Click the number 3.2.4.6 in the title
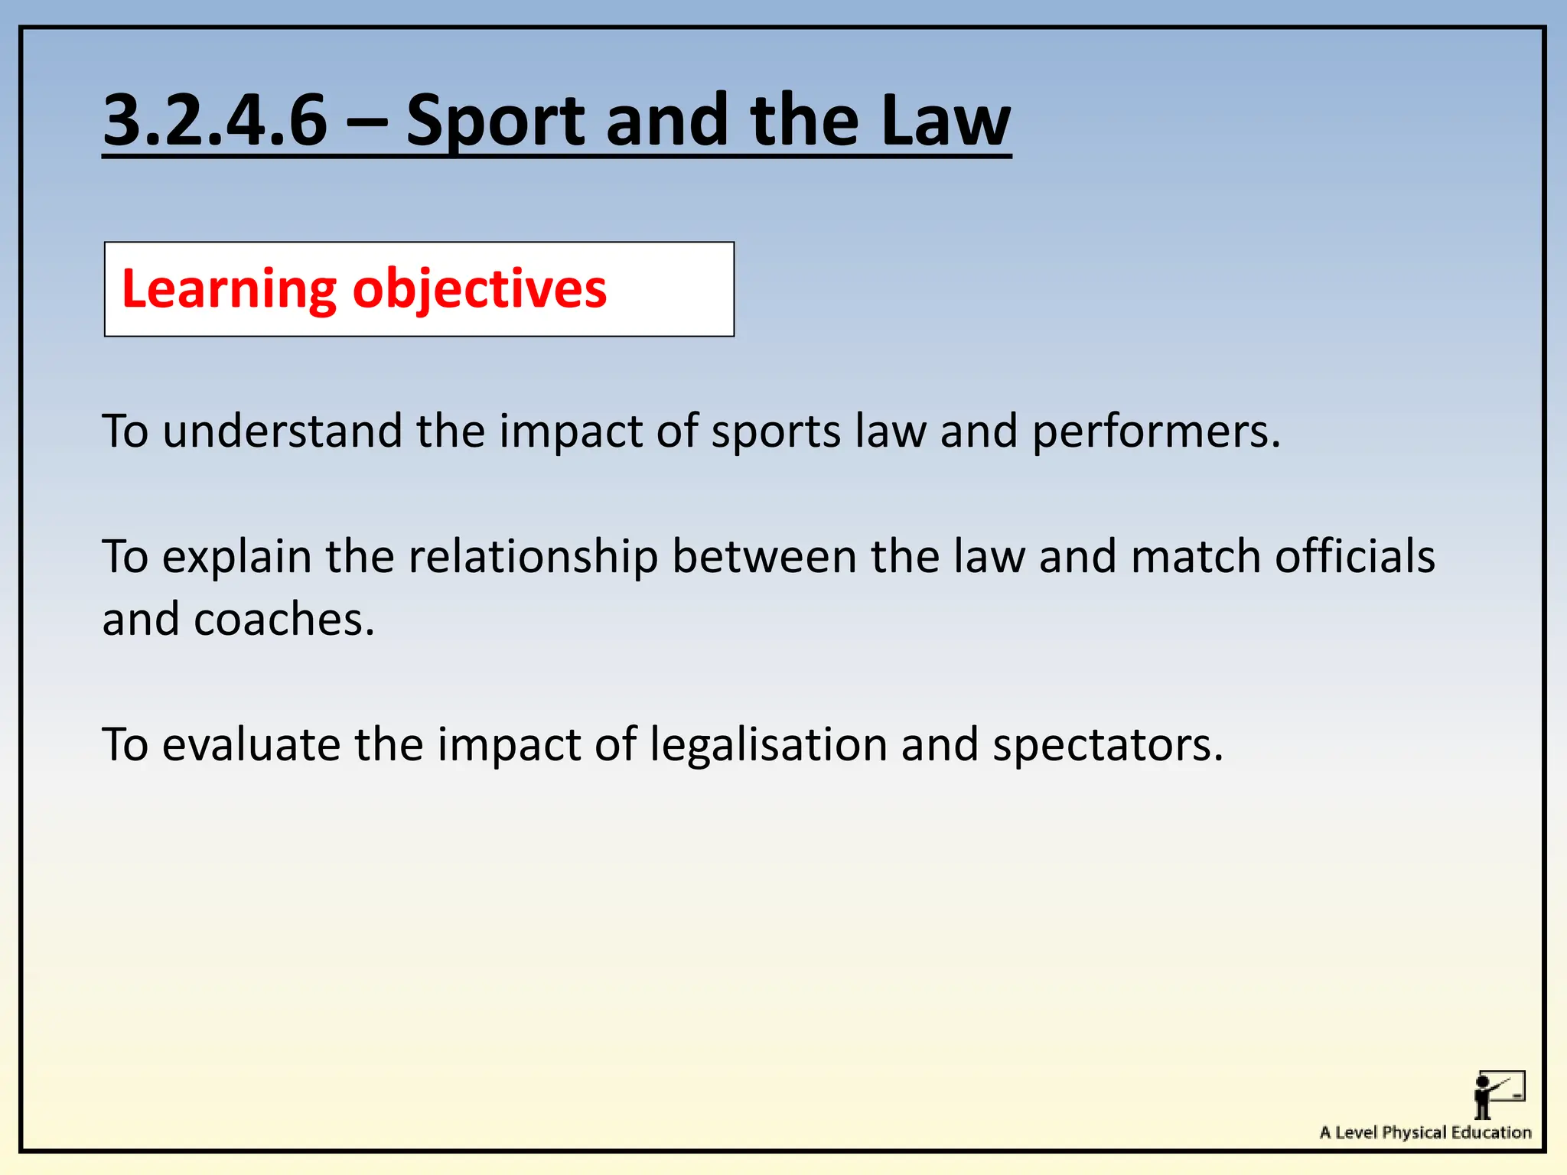[215, 121]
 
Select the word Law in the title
[946, 121]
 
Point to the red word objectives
[480, 290]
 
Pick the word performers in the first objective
[1156, 431]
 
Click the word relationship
[533, 557]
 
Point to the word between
[764, 557]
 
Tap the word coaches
[284, 620]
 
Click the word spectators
[1107, 745]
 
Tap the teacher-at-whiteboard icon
[1499, 1095]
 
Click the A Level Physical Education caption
[1425, 1132]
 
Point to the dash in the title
[367, 121]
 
